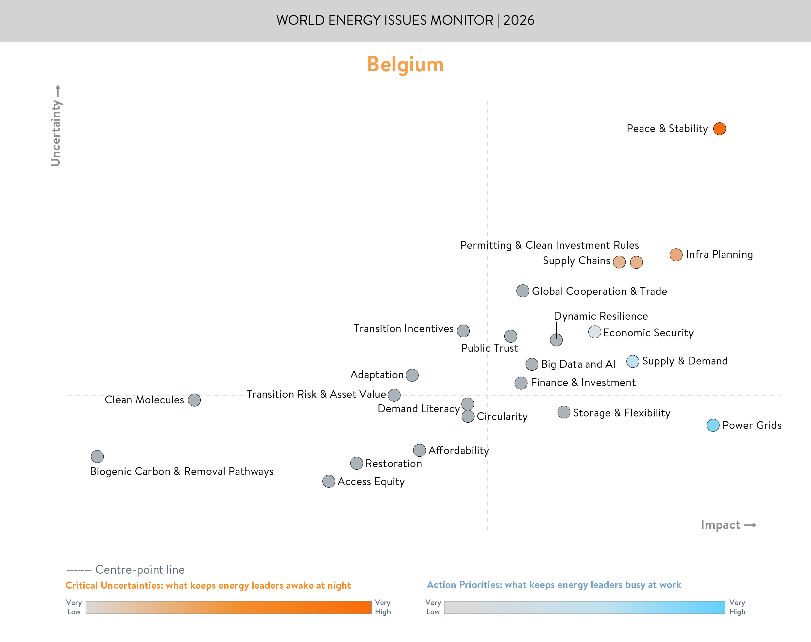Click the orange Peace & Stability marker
click(719, 128)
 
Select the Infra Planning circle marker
click(676, 255)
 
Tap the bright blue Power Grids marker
click(713, 426)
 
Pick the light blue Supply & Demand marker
click(633, 361)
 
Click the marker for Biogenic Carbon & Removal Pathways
click(97, 456)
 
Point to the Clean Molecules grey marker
click(194, 400)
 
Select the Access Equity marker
click(329, 481)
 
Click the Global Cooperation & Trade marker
click(523, 291)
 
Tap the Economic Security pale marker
click(595, 332)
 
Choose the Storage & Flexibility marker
click(564, 412)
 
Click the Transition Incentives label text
click(403, 329)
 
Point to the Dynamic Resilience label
click(600, 316)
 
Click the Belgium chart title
click(405, 64)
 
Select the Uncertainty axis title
click(56, 132)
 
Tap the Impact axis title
click(720, 525)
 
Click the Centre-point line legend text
click(140, 569)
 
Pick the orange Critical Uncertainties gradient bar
click(228, 607)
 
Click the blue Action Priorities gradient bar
click(584, 607)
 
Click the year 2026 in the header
click(519, 20)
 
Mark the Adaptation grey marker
click(412, 375)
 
